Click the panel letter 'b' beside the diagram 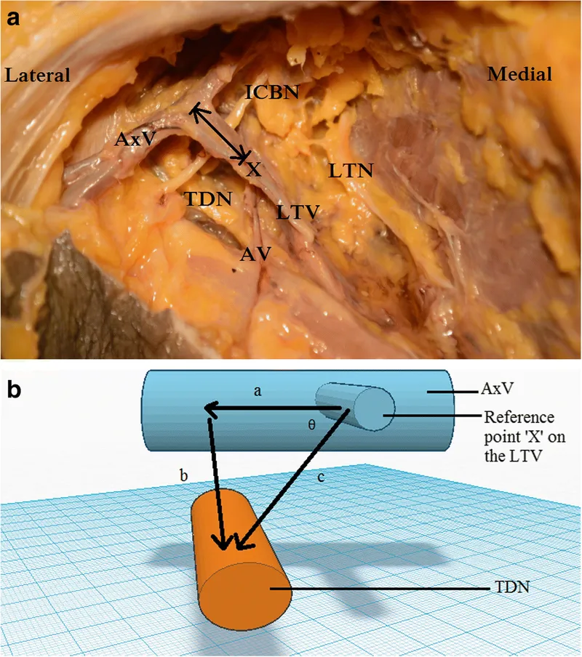(x=14, y=390)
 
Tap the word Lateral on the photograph (x=37, y=74)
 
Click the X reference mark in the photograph (x=253, y=169)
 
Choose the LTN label (x=350, y=172)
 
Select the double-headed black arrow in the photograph (x=218, y=132)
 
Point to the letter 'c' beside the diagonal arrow (x=321, y=479)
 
